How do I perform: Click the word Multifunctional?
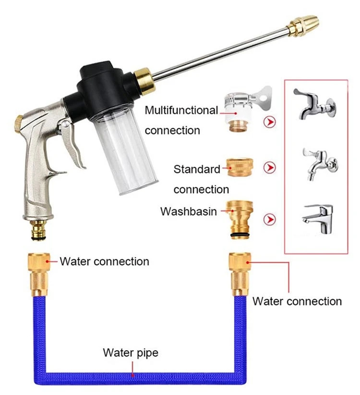[x=181, y=111]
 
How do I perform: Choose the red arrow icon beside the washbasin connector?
[x=271, y=220]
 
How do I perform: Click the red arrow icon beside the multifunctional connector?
[x=271, y=123]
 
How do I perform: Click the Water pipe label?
[x=131, y=353]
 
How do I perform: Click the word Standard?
[x=197, y=169]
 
